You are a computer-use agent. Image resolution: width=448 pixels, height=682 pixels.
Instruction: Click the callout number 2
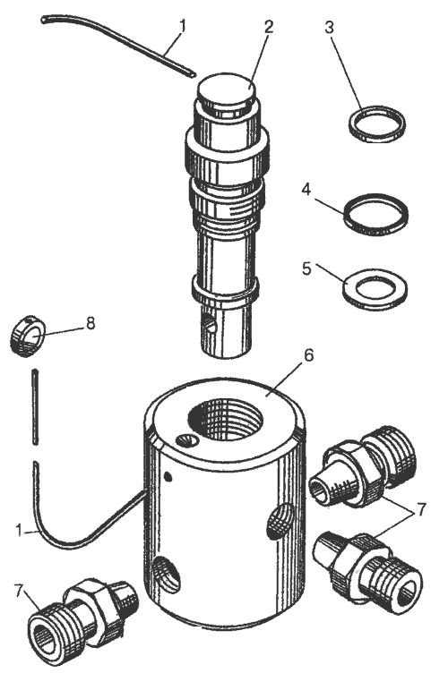coord(268,27)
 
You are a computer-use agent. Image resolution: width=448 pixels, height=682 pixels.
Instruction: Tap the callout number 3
coord(329,27)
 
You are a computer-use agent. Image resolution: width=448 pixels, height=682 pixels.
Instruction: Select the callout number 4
coord(306,190)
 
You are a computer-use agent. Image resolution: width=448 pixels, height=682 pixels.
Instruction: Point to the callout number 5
coord(306,269)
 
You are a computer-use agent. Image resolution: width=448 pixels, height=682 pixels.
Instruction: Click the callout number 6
coord(308,355)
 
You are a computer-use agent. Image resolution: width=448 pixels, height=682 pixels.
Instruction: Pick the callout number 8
coord(90,323)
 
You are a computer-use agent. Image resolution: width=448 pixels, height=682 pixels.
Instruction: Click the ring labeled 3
coord(377,124)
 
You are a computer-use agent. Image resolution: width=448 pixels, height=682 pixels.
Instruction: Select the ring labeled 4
coord(375,215)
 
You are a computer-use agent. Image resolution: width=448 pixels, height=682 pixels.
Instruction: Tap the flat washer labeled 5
coord(375,289)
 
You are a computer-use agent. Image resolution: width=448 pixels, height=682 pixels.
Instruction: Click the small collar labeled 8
coord(27,337)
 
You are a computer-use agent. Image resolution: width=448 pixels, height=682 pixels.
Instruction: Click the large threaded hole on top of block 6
coord(226,421)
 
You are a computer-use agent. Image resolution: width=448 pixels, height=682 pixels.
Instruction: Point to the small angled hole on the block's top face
coord(187,441)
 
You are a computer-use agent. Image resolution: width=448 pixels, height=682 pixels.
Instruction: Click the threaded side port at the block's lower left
coord(167,574)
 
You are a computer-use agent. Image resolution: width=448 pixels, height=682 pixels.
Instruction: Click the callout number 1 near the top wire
coord(182,27)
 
